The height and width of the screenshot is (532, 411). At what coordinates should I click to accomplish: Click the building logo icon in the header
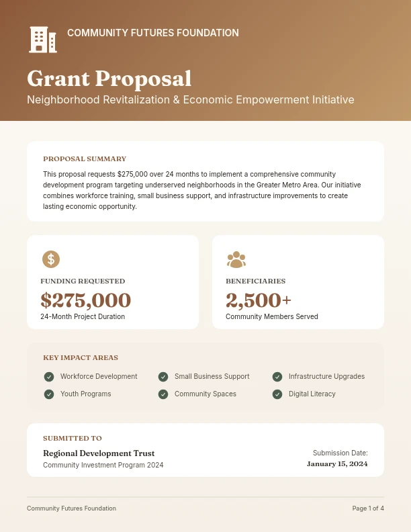tap(43, 40)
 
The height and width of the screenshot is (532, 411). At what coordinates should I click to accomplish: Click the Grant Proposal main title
tap(109, 79)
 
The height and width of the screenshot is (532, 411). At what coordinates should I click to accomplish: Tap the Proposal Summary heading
tap(85, 159)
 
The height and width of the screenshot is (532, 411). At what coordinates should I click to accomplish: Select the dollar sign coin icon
tap(51, 259)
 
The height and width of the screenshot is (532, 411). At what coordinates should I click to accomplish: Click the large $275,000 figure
tap(85, 300)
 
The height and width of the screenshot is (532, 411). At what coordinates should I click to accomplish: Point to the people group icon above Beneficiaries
tap(236, 259)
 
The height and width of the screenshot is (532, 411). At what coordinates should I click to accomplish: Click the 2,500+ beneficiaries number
tap(259, 300)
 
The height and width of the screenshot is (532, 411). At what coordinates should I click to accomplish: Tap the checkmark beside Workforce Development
tap(49, 377)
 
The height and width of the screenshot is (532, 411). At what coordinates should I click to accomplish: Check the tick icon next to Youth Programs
tap(49, 394)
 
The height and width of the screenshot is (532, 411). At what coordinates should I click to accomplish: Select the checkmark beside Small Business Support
tap(163, 377)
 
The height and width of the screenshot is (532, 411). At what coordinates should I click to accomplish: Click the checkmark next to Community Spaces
tap(163, 394)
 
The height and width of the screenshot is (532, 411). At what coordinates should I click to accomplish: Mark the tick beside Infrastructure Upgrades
tap(277, 377)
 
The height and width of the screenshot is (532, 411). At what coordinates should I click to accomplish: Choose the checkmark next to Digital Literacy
tap(277, 394)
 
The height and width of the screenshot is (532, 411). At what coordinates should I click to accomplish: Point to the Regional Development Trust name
tap(99, 453)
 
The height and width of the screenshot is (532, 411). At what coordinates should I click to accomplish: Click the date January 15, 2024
tap(337, 463)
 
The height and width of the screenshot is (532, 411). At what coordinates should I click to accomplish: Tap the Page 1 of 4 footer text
tap(368, 508)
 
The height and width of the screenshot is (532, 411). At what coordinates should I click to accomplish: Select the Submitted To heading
tap(73, 439)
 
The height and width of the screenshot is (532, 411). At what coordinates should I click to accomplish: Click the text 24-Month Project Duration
tap(83, 316)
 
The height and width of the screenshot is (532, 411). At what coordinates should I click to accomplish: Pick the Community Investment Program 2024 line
tap(103, 465)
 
